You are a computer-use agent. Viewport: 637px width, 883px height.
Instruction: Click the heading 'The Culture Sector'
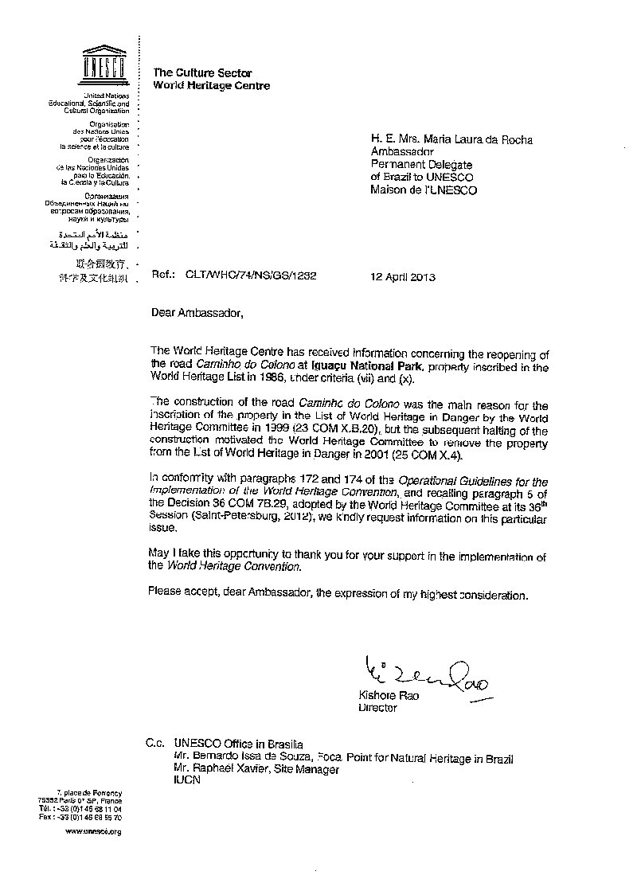coord(201,72)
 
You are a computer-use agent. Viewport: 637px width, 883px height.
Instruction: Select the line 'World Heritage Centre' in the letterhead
coord(211,86)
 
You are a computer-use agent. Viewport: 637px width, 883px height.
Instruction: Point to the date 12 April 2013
coord(403,278)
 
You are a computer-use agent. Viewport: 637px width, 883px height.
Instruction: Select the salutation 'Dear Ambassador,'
coord(194,312)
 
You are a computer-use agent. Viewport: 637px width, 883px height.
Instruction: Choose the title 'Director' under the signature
coord(377,708)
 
